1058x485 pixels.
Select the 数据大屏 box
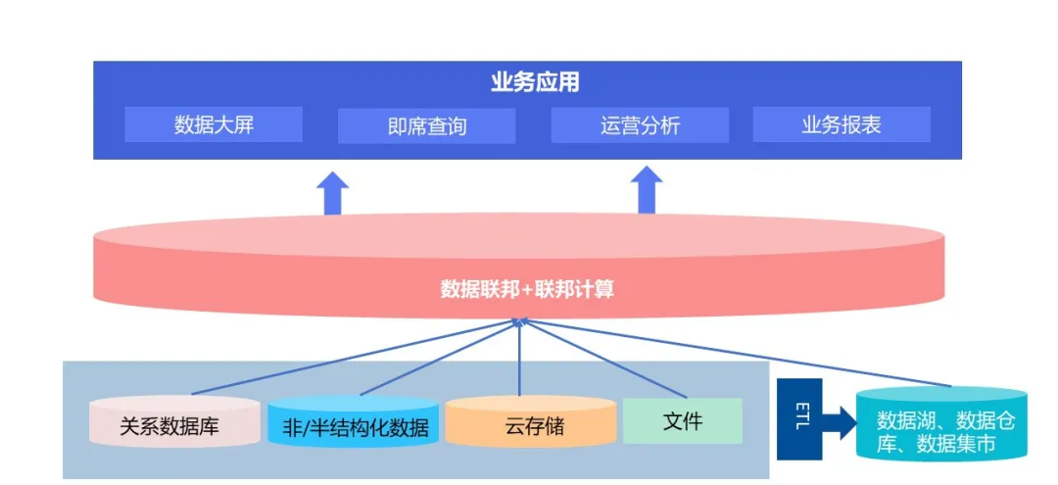click(214, 124)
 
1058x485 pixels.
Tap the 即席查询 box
click(426, 126)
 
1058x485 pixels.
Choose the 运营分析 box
click(640, 125)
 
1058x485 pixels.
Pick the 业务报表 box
click(841, 124)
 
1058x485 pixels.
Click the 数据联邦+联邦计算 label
click(527, 290)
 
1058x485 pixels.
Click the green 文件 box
click(683, 421)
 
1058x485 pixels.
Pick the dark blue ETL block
click(798, 419)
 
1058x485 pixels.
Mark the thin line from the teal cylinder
click(745, 355)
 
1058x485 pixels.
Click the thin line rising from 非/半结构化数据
click(431, 362)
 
